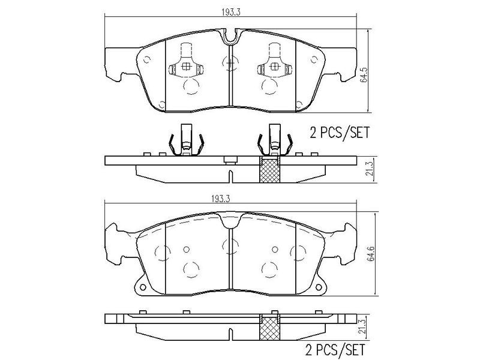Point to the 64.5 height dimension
[x=364, y=77]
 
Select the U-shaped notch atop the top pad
[x=230, y=37]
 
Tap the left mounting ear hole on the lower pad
[x=143, y=286]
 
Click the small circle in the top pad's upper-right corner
[x=313, y=59]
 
